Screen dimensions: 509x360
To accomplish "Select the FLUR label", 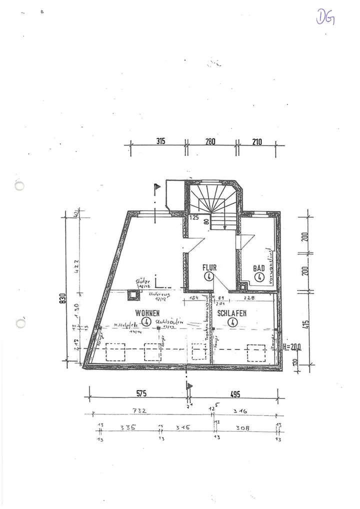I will (x=209, y=267).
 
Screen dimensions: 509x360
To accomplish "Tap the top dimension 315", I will (x=160, y=141).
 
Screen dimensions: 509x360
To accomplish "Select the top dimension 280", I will (x=209, y=141).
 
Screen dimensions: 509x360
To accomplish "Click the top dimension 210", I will (x=257, y=141).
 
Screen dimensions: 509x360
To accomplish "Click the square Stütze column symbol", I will (x=133, y=296).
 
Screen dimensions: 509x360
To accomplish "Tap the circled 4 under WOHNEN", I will (x=146, y=321).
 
